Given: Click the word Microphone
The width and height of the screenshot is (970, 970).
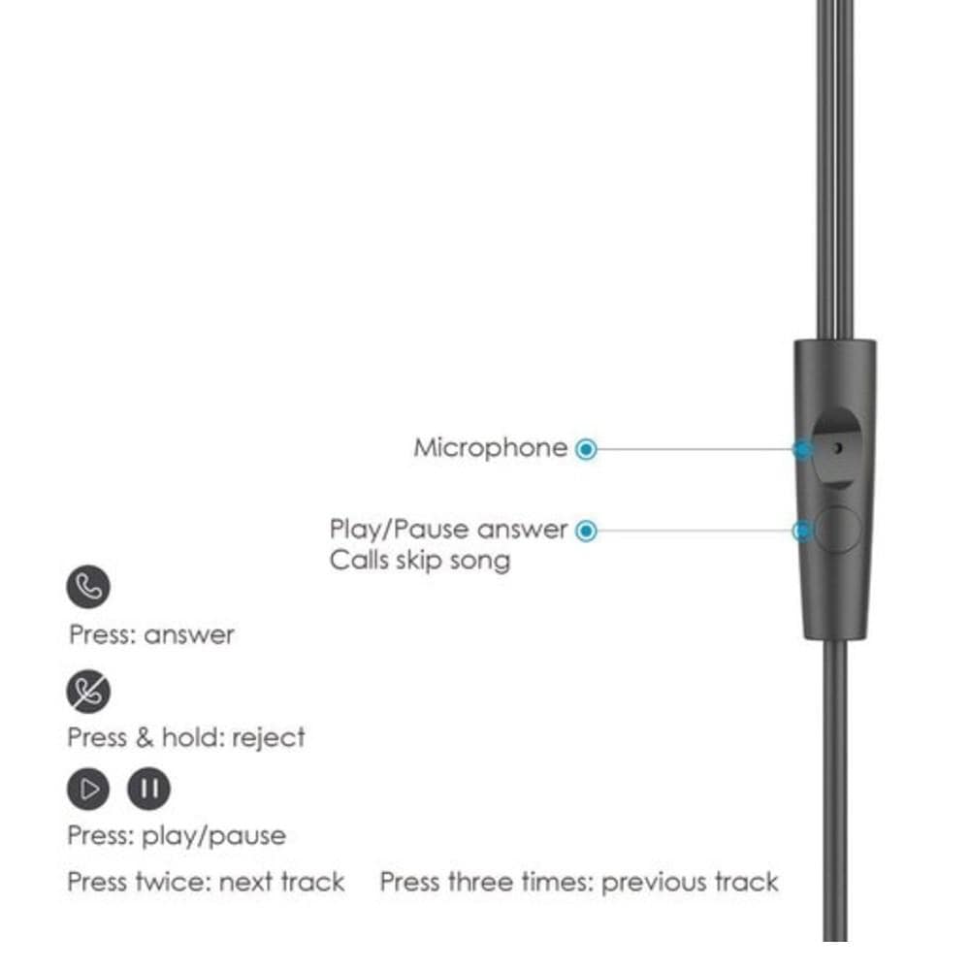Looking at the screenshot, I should tap(490, 448).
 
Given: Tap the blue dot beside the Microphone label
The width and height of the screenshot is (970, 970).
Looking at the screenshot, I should tap(586, 449).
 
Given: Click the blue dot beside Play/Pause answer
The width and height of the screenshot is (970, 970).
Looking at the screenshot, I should tap(586, 531).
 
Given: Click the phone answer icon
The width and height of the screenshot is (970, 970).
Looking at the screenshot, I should tap(89, 586).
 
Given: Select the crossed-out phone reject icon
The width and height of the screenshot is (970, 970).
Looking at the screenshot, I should tap(89, 691).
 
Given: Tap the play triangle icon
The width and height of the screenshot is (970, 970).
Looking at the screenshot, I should tap(89, 789).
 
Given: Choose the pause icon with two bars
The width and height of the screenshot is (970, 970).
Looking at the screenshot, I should tap(148, 789).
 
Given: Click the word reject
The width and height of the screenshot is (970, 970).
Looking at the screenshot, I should tap(269, 737).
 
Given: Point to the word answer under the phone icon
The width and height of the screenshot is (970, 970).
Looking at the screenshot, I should tap(189, 635).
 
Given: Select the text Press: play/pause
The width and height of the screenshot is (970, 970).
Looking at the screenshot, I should tap(177, 835).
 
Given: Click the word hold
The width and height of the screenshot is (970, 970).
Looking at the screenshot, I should tap(192, 737).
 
